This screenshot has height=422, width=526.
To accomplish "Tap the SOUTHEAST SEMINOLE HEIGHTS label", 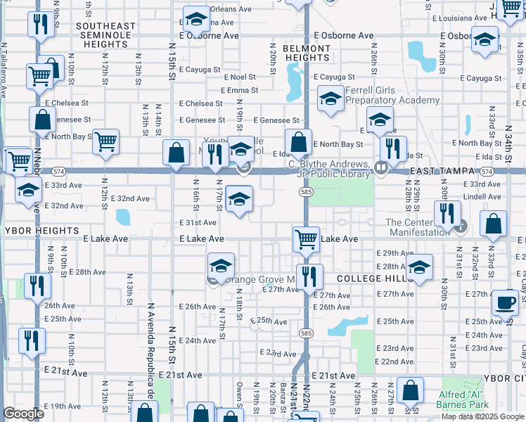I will pos(105,32).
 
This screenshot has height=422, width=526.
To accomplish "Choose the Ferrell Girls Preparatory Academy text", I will pos(392,96).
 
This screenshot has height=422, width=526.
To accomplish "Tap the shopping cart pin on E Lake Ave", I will pos(306,240).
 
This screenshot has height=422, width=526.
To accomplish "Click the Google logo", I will pos(23,414).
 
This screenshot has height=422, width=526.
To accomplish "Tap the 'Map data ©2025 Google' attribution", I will pos(482,416).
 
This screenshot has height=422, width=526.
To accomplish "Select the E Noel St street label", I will pos(240,77).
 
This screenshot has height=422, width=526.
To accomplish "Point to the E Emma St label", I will pos(240,90).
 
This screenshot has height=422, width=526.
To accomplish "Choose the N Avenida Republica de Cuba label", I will pos(151,359).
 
